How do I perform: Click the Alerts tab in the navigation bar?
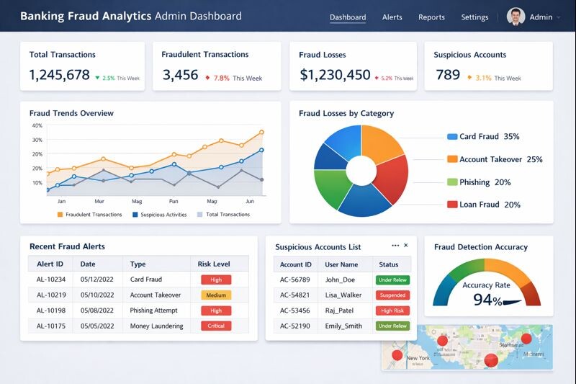click(x=392, y=17)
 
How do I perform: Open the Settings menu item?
click(x=474, y=17)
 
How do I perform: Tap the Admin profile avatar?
click(x=516, y=17)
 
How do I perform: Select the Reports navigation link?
click(x=431, y=17)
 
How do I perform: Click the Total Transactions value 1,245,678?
click(x=60, y=75)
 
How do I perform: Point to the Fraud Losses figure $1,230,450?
click(x=335, y=75)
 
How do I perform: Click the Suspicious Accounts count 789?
click(x=448, y=75)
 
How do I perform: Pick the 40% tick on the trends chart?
click(x=37, y=126)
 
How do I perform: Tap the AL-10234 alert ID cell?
click(x=50, y=280)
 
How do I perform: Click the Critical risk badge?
click(x=216, y=326)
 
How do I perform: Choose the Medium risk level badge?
click(x=216, y=295)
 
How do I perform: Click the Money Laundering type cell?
click(x=156, y=326)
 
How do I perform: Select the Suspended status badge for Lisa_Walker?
click(x=392, y=295)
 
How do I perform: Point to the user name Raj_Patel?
click(x=340, y=311)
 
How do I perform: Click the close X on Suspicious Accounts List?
click(x=405, y=246)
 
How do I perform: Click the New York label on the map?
click(x=418, y=358)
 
